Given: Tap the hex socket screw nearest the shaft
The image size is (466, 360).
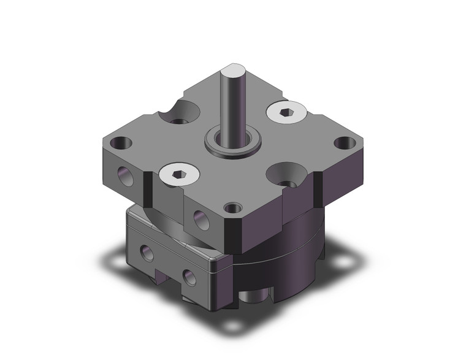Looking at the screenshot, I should coord(285,112).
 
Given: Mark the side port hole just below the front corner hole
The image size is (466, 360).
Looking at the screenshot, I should coord(199,216).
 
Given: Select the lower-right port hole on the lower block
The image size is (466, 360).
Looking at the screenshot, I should coord(189,277).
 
